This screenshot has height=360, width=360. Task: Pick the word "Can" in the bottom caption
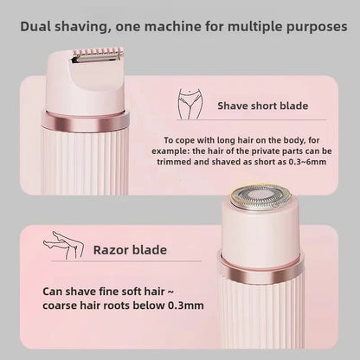click(x=55, y=291)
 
